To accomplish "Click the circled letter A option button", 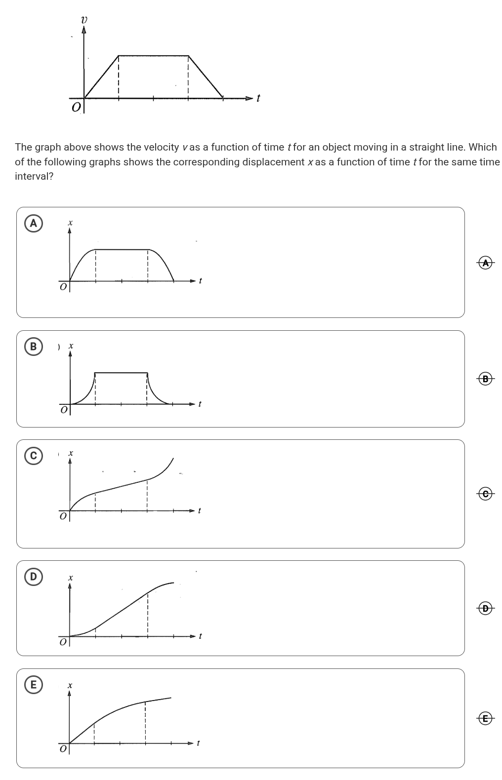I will tap(33, 223).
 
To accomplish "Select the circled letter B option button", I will tap(33, 347).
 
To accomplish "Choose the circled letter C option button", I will tap(33, 456).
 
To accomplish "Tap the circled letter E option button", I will tap(33, 685).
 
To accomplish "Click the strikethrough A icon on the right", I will tap(486, 263).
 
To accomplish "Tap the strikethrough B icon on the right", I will tap(486, 379).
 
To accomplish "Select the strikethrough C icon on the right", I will tap(486, 493).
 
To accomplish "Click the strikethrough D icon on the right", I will tap(486, 608).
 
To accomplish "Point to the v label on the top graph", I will tap(84, 20).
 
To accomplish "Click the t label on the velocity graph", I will tap(258, 98).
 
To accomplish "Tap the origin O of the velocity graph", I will tap(76, 107).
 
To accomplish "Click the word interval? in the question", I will tap(34, 177).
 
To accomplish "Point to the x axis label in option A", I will tap(70, 223).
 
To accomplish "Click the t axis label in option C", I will tap(199, 510).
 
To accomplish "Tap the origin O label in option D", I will tap(63, 643).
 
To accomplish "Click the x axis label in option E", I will tap(70, 685).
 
